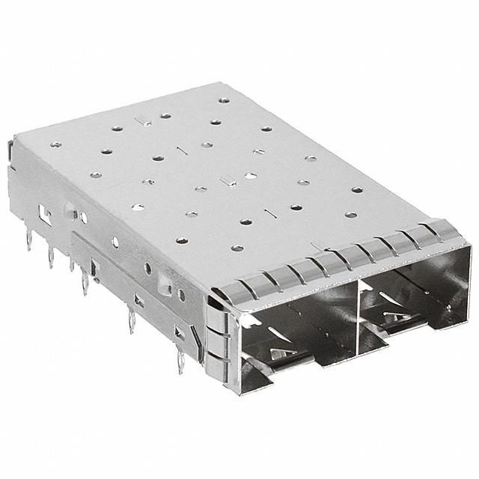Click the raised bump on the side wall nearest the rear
pos(82,218)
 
